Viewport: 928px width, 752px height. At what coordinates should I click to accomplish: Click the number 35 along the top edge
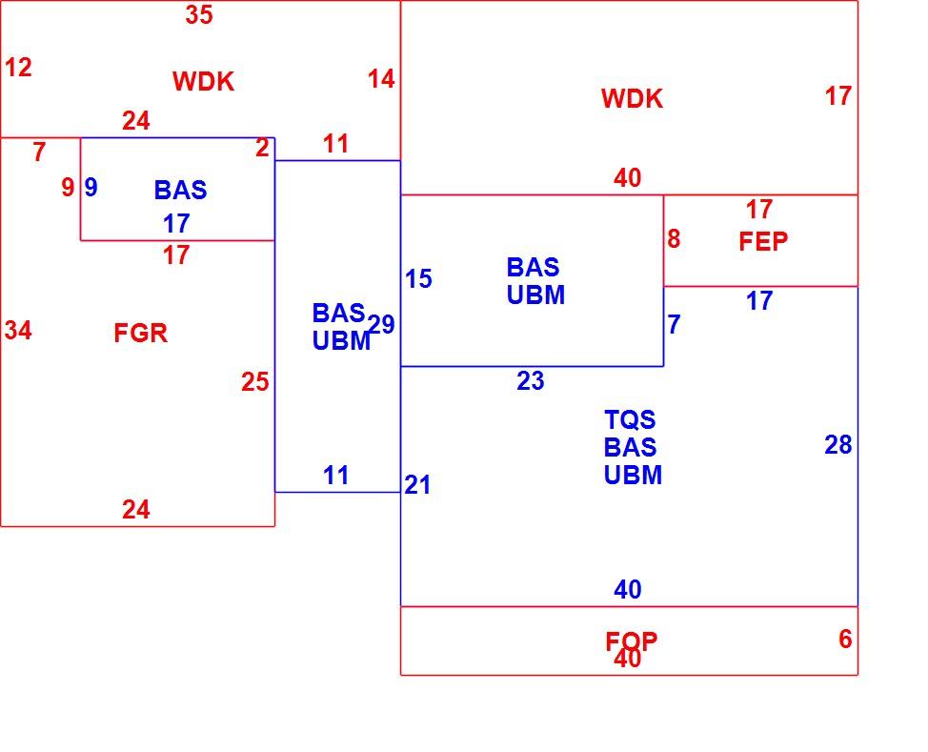click(x=199, y=15)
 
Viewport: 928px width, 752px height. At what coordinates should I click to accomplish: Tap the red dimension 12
click(x=18, y=68)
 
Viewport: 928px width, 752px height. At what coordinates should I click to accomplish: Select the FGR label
click(x=140, y=333)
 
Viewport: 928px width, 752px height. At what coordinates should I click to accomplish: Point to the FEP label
click(x=763, y=241)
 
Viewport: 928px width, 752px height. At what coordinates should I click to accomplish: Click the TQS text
click(x=630, y=419)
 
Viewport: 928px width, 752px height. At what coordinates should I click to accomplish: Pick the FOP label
click(x=631, y=641)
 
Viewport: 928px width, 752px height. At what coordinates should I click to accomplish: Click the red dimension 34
click(x=18, y=331)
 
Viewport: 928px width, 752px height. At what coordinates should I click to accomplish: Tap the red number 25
click(x=255, y=382)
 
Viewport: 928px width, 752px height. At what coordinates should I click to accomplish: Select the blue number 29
click(x=381, y=324)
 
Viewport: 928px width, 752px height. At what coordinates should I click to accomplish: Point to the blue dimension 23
click(x=531, y=381)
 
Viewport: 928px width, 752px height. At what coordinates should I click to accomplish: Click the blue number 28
click(x=838, y=445)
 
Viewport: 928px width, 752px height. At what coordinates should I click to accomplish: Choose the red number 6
click(x=845, y=639)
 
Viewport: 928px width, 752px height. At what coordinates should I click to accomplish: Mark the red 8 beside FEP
click(x=674, y=239)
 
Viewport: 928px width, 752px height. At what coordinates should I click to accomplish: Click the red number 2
click(x=262, y=148)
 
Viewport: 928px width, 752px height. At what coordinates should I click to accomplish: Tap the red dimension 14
click(x=381, y=79)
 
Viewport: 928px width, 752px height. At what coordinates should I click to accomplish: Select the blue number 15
click(x=418, y=279)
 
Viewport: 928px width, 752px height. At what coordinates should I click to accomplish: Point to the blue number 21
click(x=418, y=485)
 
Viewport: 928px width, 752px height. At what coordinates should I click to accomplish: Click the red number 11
click(x=335, y=144)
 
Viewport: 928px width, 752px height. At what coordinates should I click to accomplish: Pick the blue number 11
click(x=335, y=476)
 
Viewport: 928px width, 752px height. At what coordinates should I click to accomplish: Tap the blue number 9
click(x=91, y=188)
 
